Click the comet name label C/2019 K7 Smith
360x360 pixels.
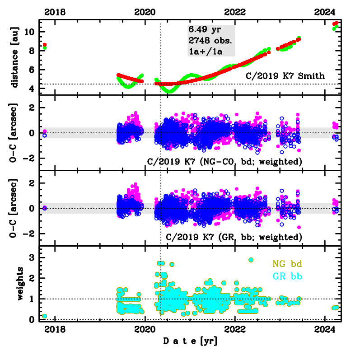click(x=285, y=76)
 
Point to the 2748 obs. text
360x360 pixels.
click(x=211, y=40)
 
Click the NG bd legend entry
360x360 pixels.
click(x=286, y=263)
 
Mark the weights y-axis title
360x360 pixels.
click(x=20, y=283)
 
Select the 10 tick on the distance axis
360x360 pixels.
click(x=30, y=32)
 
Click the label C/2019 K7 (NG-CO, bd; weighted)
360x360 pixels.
click(x=225, y=161)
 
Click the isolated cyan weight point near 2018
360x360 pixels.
click(x=44, y=316)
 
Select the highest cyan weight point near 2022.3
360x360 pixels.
click(x=251, y=260)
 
